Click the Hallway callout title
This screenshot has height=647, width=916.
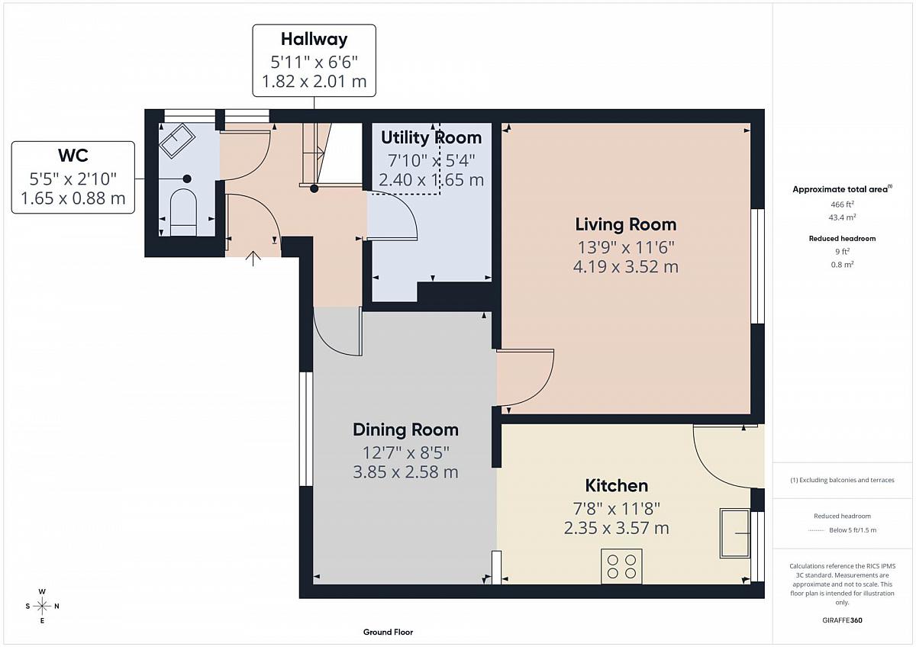point(314,40)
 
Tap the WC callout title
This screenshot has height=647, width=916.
point(73,156)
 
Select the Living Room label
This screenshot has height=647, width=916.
point(626,224)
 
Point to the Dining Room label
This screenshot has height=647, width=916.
point(405,430)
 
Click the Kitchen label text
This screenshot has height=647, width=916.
point(617,485)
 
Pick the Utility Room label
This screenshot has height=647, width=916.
point(431,138)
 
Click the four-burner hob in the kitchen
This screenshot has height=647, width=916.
point(621,566)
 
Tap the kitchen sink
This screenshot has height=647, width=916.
point(735,533)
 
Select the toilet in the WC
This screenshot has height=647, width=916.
point(183,213)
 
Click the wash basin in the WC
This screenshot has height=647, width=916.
point(177,140)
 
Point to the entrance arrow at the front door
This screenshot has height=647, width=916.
point(253,259)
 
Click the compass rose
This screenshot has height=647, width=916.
point(42,606)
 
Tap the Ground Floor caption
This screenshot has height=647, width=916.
point(388,632)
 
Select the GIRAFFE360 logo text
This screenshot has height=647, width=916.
point(842,620)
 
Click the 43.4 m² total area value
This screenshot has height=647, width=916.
point(842,217)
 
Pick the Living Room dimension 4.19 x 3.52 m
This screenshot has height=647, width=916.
point(626,267)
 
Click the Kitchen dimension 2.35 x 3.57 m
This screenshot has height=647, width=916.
point(617,528)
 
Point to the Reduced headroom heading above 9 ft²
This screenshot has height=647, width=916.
point(842,238)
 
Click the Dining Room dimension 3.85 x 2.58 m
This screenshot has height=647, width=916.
point(405,472)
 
